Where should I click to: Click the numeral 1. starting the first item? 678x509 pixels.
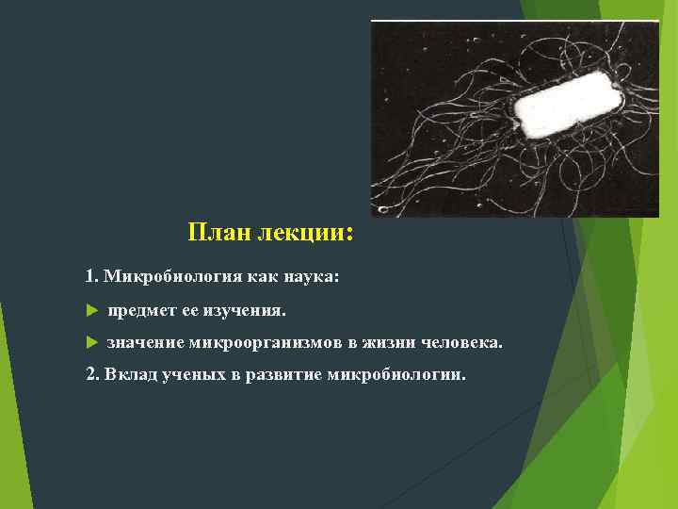(91, 277)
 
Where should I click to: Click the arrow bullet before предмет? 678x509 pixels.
(91, 310)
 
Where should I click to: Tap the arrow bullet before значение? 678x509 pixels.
(91, 343)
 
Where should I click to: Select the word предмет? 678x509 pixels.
(142, 310)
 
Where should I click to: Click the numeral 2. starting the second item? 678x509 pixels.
(92, 374)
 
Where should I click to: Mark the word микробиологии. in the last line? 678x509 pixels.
(395, 374)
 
